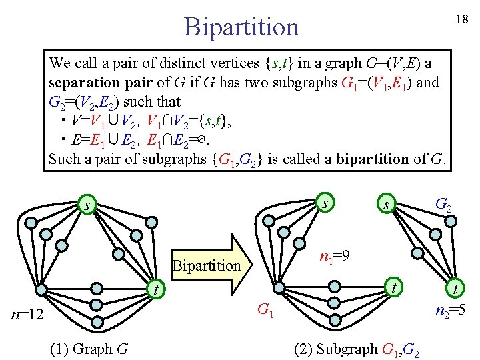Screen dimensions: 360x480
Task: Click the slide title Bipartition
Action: click(x=241, y=27)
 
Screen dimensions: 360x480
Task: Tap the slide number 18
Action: click(x=461, y=19)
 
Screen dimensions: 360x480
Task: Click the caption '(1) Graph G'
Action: click(x=89, y=349)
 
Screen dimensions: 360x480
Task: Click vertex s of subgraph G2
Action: click(x=385, y=205)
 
